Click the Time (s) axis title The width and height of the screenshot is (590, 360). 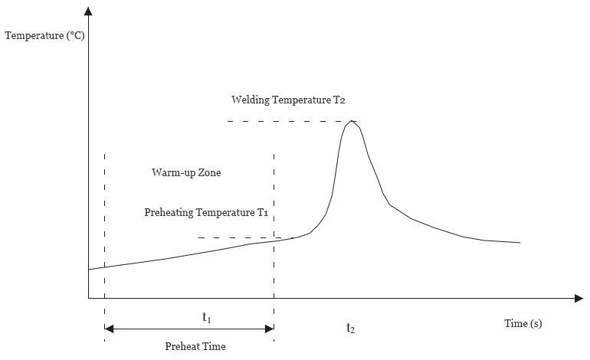click(x=523, y=323)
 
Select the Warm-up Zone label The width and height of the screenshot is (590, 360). click(x=186, y=173)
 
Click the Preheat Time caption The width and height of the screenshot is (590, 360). click(x=195, y=346)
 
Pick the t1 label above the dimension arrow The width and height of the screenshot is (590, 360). click(x=206, y=316)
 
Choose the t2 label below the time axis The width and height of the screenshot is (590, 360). click(x=350, y=328)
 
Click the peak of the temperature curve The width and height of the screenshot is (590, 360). click(x=352, y=121)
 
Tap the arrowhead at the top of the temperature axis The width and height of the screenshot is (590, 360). click(x=89, y=11)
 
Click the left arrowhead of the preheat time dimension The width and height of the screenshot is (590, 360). click(x=108, y=329)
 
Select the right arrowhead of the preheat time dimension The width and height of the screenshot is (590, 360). click(x=270, y=329)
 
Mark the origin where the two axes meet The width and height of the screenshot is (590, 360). click(x=89, y=297)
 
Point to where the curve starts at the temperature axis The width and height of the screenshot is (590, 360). click(x=90, y=269)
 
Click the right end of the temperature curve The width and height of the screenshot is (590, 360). click(x=520, y=243)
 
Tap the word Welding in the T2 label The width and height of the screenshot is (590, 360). click(x=251, y=100)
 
